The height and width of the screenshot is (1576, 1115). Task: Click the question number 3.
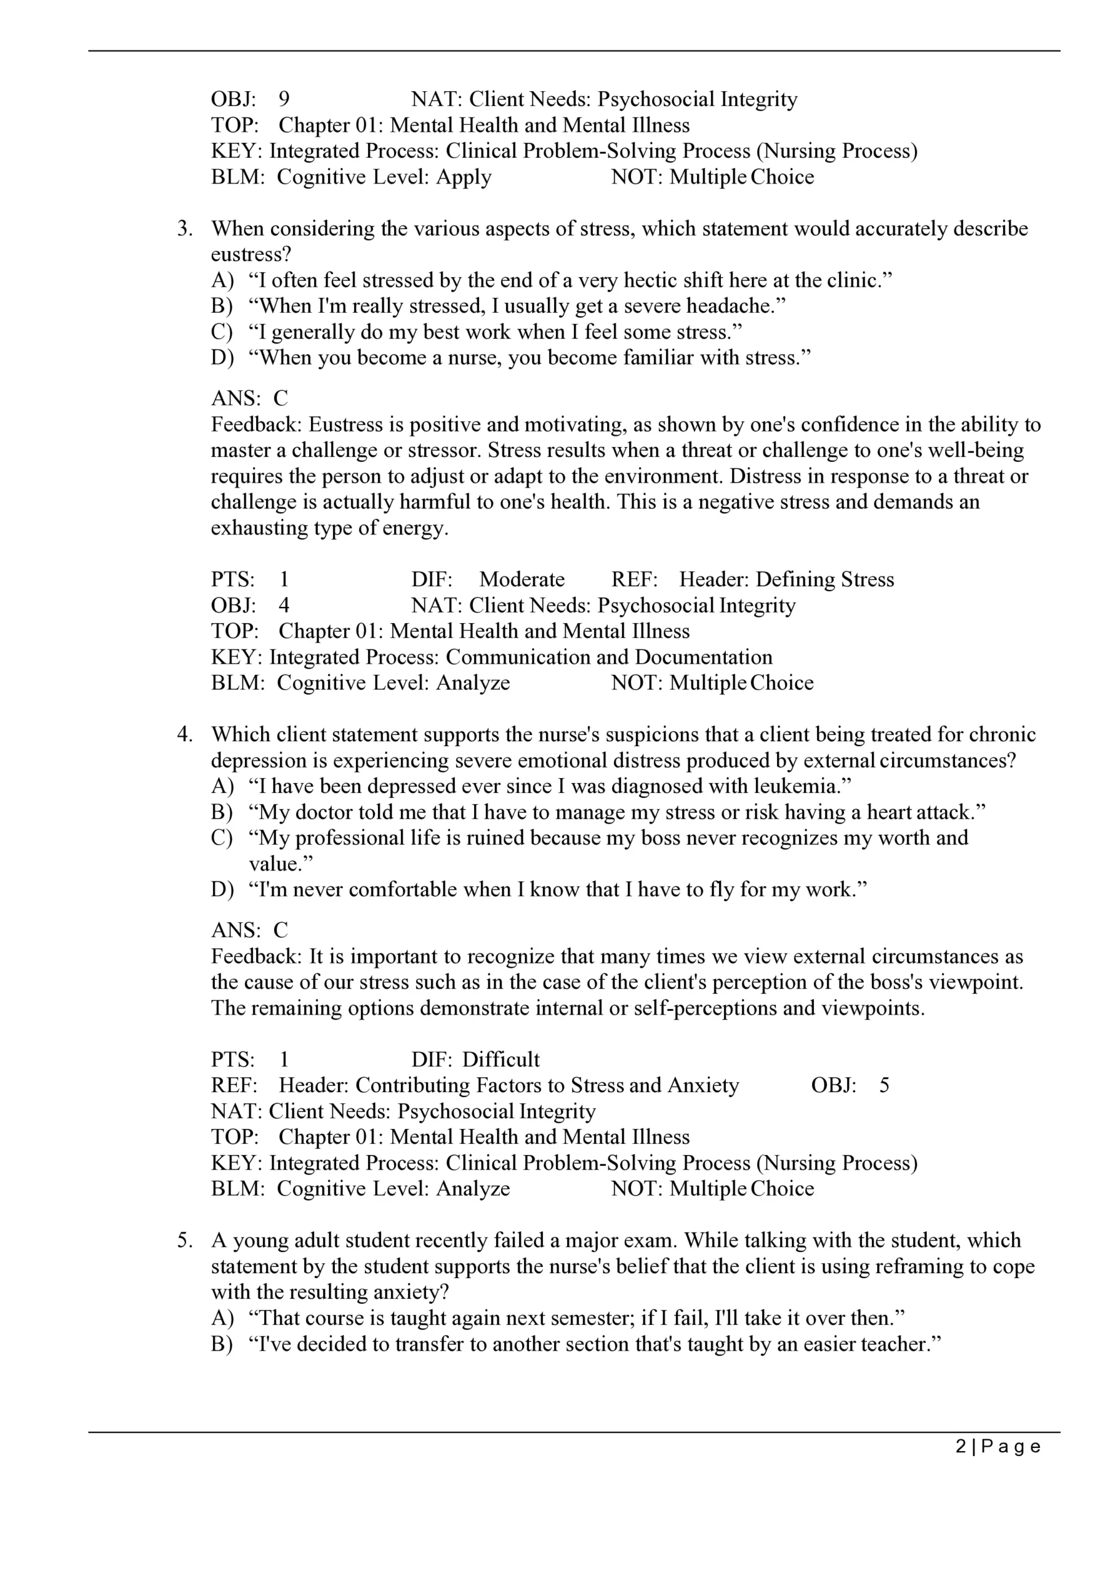click(x=184, y=228)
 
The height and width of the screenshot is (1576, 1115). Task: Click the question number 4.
click(x=184, y=734)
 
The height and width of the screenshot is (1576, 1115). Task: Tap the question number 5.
click(x=184, y=1240)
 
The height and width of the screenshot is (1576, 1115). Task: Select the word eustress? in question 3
click(x=251, y=255)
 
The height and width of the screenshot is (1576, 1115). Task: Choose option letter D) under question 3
click(x=222, y=358)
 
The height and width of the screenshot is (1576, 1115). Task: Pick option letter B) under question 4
click(x=222, y=812)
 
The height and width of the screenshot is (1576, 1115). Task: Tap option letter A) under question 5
click(x=222, y=1318)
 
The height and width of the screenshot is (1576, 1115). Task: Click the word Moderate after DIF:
click(x=522, y=579)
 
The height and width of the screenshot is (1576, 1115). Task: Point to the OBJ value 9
click(x=284, y=100)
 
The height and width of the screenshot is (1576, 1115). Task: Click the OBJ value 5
click(x=884, y=1085)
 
